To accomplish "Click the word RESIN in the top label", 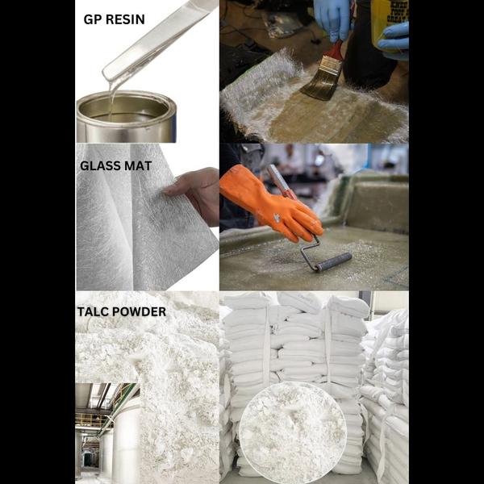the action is [125, 19].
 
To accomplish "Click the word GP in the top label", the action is [93, 19].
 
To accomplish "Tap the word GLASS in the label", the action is [100, 165].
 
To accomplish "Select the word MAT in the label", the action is [138, 165].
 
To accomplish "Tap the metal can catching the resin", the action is [127, 117].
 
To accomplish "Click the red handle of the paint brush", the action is [336, 50].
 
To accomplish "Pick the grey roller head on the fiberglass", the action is [334, 261].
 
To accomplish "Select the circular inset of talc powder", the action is [293, 432].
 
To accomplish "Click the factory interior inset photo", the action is [107, 433].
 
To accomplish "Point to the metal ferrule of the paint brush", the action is [330, 66].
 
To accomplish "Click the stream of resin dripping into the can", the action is [111, 98].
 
